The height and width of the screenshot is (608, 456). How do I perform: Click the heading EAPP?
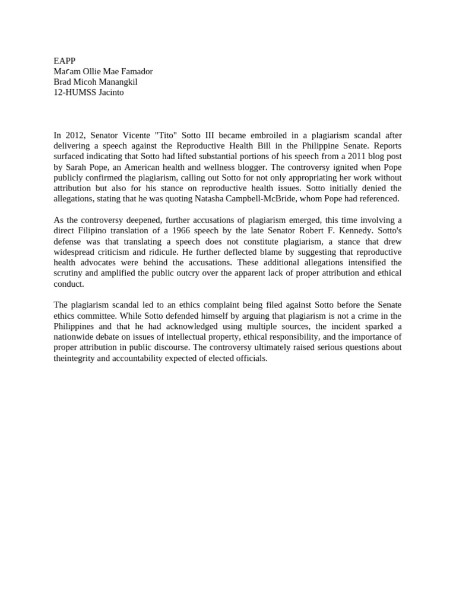(64, 61)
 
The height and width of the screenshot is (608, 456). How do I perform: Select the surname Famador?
(135, 71)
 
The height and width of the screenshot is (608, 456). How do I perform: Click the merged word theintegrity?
(75, 359)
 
